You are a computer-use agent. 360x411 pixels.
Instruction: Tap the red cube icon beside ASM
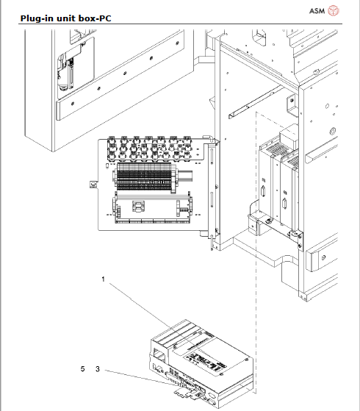click(334, 10)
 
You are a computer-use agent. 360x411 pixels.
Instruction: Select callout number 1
click(104, 279)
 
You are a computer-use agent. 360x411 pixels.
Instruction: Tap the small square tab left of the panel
click(93, 185)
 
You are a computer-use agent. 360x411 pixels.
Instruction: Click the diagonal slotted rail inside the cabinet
click(257, 104)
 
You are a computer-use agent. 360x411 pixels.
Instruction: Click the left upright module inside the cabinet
click(268, 184)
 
